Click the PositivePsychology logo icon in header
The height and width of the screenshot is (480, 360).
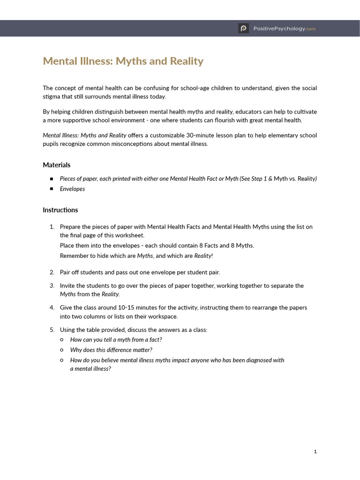point(243,29)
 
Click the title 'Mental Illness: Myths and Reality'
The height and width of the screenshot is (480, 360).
point(123,61)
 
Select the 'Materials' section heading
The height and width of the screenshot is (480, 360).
point(56,165)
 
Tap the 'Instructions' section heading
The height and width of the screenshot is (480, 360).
point(60,210)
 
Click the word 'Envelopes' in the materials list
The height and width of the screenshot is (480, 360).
point(72,189)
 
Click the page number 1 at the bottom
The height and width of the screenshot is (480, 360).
point(315,451)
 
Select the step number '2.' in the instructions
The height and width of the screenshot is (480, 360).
point(52,272)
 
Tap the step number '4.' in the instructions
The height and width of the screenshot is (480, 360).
point(52,307)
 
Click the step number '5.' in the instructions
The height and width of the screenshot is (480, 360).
point(52,330)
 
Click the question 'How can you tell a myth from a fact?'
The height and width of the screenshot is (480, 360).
point(116,340)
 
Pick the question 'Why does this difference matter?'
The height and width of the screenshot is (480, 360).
point(111,350)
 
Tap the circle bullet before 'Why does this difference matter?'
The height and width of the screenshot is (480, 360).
point(62,350)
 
